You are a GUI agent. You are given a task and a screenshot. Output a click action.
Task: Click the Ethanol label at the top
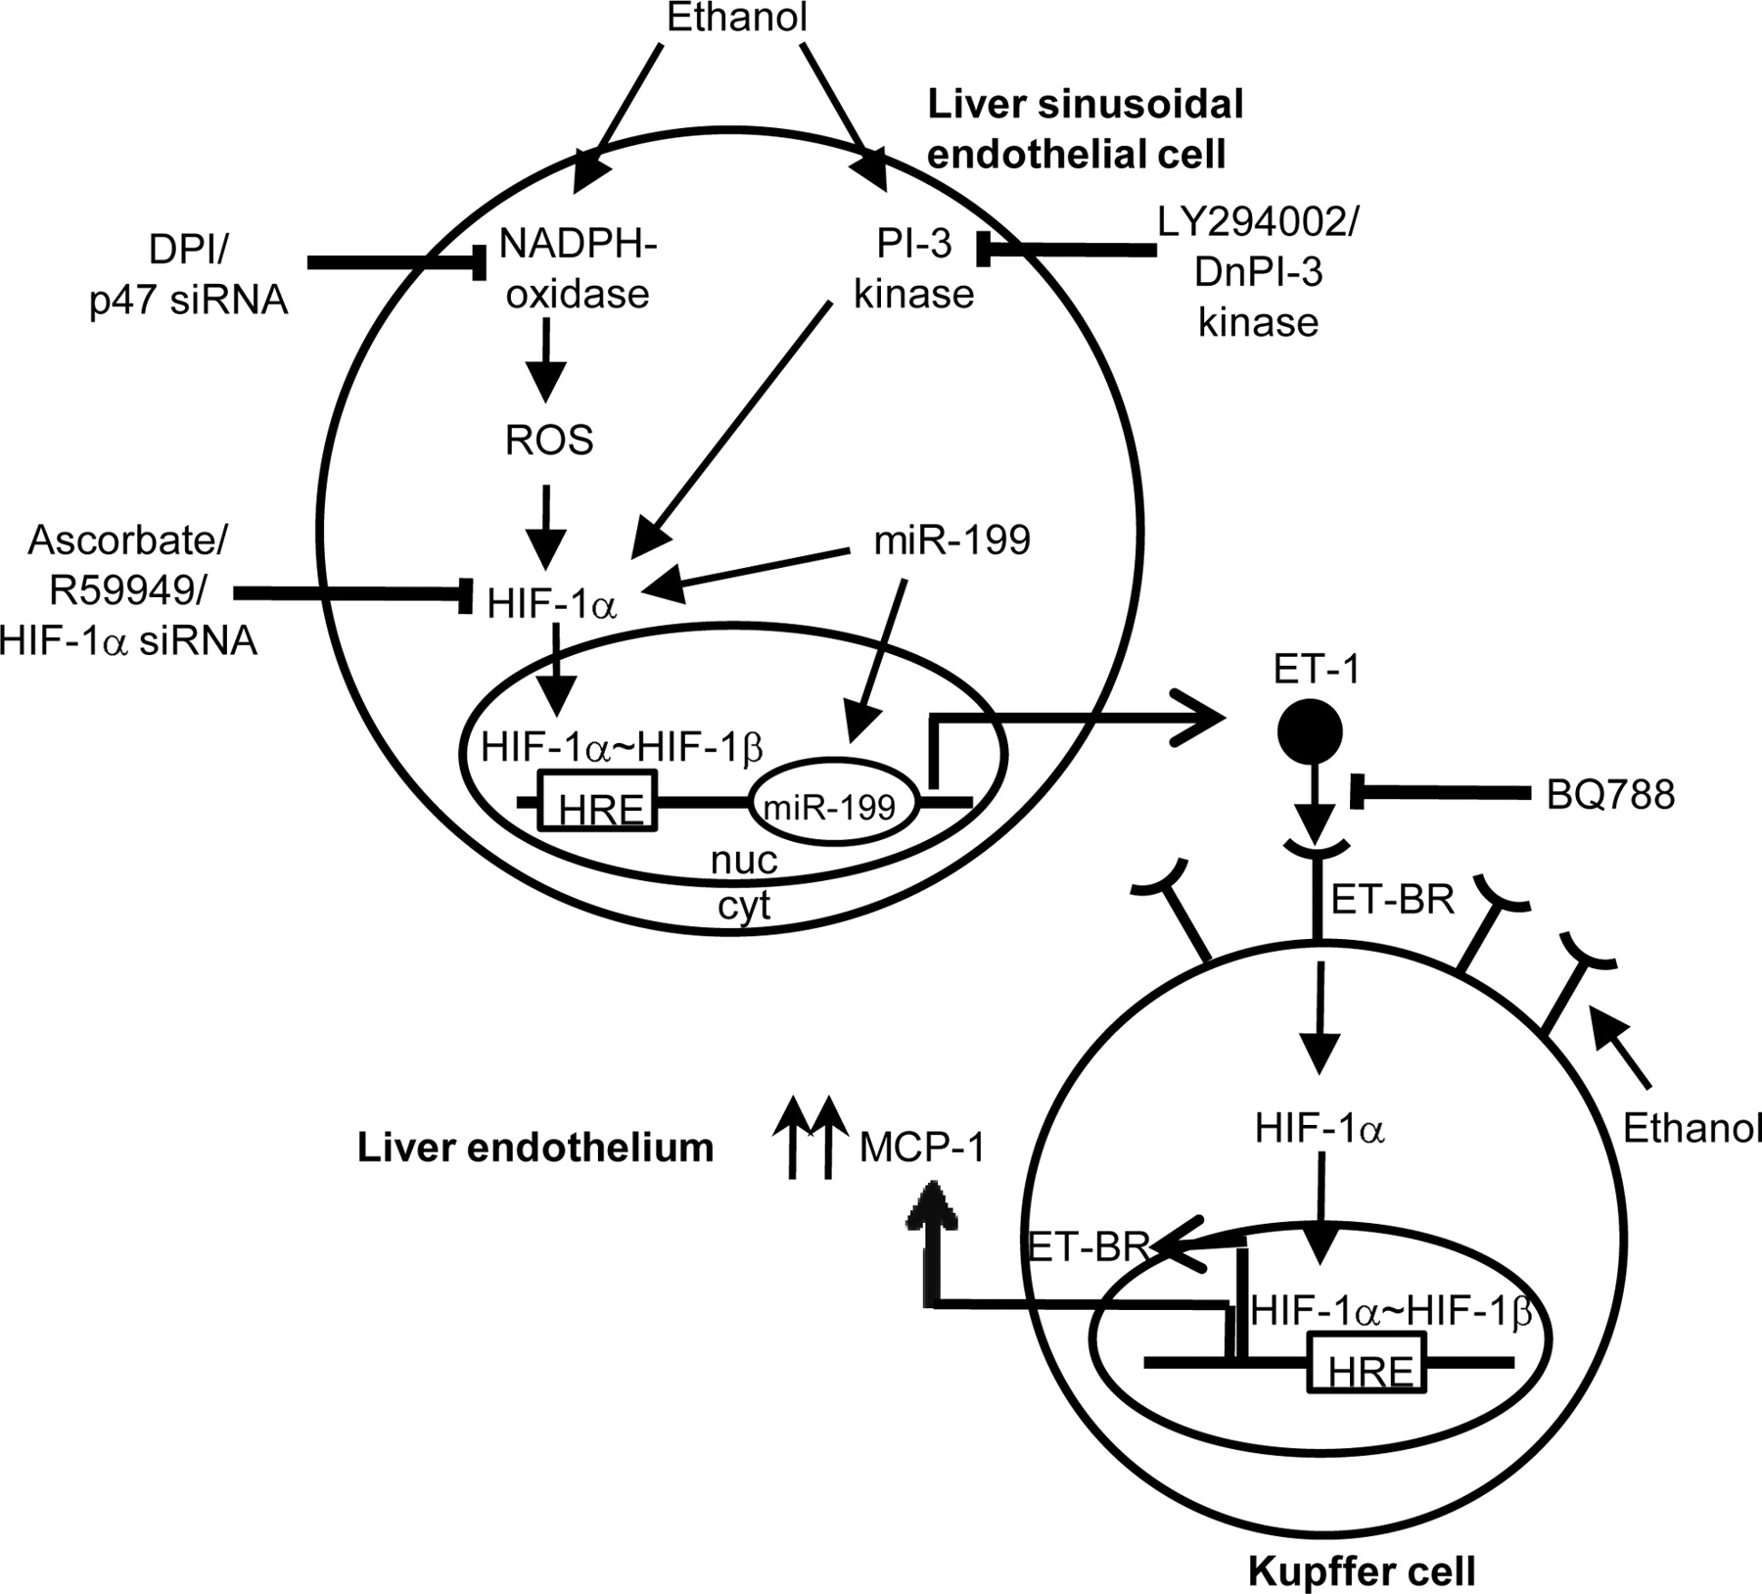736,18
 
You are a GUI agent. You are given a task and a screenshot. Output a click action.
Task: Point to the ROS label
549,441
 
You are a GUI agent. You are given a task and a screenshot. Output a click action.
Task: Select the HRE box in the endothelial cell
597,801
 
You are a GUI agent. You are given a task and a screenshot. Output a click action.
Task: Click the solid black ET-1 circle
1310,731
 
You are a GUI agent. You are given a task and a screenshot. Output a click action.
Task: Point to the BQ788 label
1610,795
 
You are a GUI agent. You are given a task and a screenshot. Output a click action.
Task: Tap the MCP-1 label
921,1148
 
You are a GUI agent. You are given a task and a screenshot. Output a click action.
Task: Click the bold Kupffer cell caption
1361,1572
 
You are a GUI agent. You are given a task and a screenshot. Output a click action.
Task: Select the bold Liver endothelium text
535,1148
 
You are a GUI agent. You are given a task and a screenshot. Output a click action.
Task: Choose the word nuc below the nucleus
744,861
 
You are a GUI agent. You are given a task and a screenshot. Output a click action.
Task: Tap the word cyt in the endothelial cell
744,906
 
